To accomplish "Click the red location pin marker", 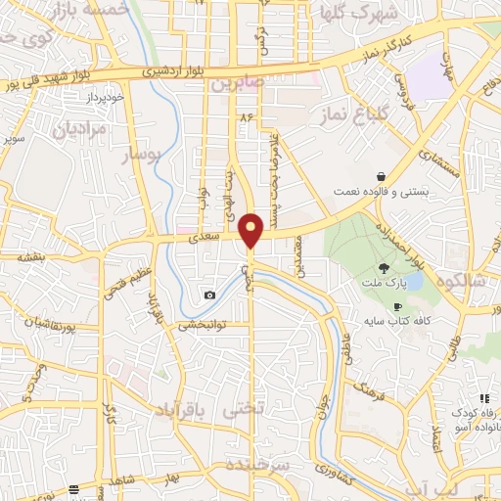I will click(251, 231).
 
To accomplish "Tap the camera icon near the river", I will click(209, 295).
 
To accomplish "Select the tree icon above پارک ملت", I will click(385, 266).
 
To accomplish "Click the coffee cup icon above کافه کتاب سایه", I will click(396, 307).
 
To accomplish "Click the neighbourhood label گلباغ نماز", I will click(350, 115).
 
